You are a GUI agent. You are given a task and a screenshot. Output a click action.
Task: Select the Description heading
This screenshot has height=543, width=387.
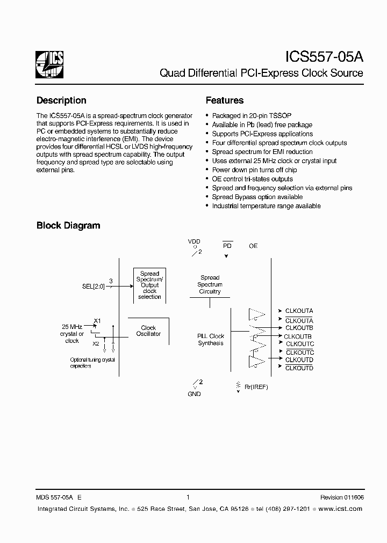[x=61, y=100]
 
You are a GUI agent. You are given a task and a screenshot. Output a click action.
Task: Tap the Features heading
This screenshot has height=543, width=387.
[x=225, y=100]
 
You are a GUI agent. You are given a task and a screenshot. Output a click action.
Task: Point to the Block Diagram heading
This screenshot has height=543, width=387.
[x=68, y=225]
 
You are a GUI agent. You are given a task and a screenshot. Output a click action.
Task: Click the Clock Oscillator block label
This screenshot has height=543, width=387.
[x=148, y=331]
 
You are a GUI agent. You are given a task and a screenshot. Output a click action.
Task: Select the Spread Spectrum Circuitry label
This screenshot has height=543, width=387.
[x=210, y=284]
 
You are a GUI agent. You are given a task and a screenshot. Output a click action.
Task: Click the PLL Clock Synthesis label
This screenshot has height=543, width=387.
[x=211, y=340]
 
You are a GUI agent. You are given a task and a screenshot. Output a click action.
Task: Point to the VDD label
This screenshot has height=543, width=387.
[x=194, y=242]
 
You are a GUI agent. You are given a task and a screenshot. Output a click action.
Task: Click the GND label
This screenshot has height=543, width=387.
[x=194, y=394]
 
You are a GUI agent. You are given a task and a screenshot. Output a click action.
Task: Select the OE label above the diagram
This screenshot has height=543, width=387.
[x=253, y=246]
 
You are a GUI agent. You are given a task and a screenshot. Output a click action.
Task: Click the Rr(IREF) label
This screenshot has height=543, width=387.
[x=256, y=387]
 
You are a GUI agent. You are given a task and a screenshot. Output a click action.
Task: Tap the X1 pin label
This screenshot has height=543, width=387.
[x=97, y=321]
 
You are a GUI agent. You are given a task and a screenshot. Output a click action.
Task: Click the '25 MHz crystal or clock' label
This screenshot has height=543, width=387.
[x=72, y=334]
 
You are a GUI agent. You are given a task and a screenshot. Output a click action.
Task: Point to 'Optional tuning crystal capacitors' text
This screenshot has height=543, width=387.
[x=92, y=363]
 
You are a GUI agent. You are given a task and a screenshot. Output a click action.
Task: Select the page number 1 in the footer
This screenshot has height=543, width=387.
[x=188, y=497]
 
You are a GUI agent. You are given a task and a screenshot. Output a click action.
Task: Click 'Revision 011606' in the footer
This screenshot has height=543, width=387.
[x=342, y=497]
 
